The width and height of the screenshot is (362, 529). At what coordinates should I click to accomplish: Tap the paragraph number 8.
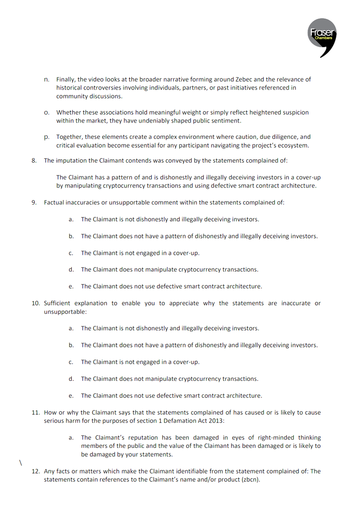tap(34, 160)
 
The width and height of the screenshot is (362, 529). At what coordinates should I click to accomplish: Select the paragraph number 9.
tap(34, 203)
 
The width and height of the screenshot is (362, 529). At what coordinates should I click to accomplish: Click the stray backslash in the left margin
tap(20, 462)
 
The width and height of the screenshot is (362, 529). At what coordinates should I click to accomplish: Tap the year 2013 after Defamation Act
tap(216, 421)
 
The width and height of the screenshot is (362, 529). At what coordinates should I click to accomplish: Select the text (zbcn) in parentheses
tap(250, 479)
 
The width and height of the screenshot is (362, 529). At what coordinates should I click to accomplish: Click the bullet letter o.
tap(46, 113)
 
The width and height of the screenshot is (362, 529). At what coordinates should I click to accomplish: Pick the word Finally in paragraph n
tap(66, 80)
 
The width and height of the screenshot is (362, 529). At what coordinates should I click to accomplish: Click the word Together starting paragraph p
tap(70, 137)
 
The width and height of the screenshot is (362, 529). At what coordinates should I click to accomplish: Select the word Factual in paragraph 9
tap(55, 203)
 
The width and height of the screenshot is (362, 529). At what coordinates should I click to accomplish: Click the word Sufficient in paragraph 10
tap(57, 303)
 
